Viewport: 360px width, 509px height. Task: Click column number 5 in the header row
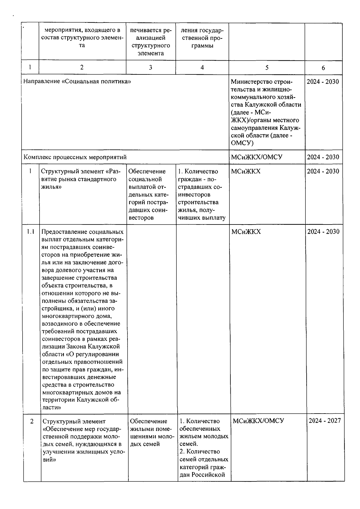pos(267,68)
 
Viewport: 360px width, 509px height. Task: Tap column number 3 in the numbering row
pos(151,68)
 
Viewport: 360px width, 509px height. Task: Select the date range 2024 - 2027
pos(325,420)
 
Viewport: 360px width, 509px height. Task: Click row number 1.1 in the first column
pos(31,231)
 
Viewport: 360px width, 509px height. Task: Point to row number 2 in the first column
pos(32,421)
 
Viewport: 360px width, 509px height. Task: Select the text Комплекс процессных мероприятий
pos(75,157)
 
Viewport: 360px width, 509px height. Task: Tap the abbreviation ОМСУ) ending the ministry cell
pos(242,143)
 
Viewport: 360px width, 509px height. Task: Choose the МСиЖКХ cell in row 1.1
pos(246,231)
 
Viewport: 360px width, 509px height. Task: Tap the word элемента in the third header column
pos(151,53)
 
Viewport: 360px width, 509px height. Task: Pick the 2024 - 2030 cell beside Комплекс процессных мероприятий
pos(323,157)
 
